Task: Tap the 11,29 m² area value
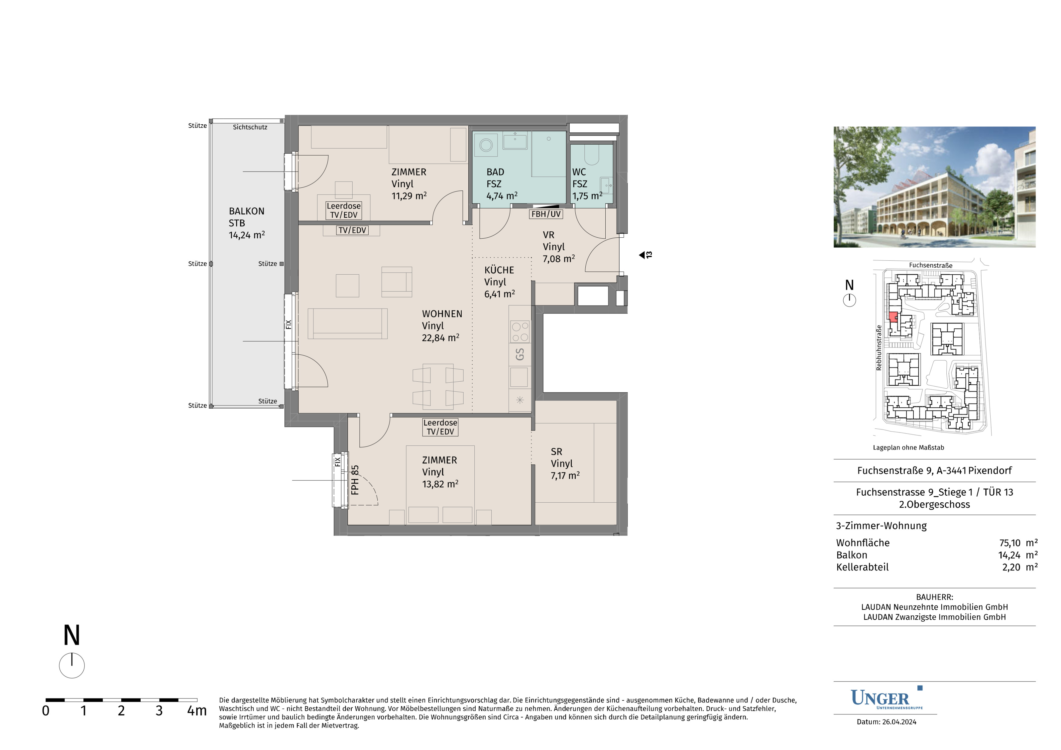pyautogui.click(x=409, y=196)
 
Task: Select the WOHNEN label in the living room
pyautogui.click(x=442, y=314)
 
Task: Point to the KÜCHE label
pyautogui.click(x=499, y=270)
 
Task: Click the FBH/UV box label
pyautogui.click(x=546, y=214)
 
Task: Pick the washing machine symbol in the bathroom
pyautogui.click(x=486, y=145)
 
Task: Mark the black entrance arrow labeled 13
pyautogui.click(x=641, y=255)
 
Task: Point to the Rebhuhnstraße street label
pyautogui.click(x=879, y=347)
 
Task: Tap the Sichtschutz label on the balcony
pyautogui.click(x=250, y=127)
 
